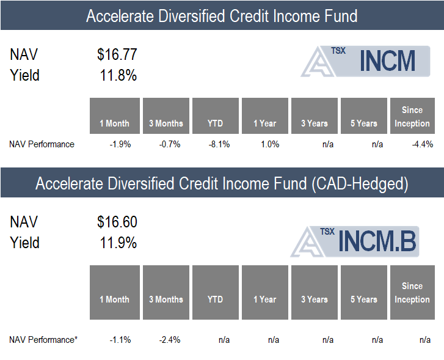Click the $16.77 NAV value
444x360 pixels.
click(x=117, y=54)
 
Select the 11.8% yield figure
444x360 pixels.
click(x=118, y=75)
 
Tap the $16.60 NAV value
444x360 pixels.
click(x=117, y=222)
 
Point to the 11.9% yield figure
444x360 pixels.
click(x=118, y=243)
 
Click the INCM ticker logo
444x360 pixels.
click(x=365, y=61)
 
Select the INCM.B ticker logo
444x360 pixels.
click(x=354, y=241)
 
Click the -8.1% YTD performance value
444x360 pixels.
click(x=219, y=144)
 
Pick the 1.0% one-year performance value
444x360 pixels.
click(x=270, y=144)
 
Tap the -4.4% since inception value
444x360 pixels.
click(x=423, y=144)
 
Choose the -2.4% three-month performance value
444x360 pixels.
click(x=170, y=340)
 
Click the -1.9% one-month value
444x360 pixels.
click(x=120, y=144)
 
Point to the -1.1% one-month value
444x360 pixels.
click(x=120, y=340)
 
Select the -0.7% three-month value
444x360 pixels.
click(x=170, y=144)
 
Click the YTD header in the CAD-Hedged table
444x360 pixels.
click(x=215, y=299)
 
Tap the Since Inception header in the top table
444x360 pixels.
click(x=412, y=117)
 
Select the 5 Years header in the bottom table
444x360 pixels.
click(x=364, y=299)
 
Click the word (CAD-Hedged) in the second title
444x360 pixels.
click(x=360, y=184)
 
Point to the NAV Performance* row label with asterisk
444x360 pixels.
click(x=43, y=340)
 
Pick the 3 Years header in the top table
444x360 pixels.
click(x=315, y=123)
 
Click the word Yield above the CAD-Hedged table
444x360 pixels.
click(x=24, y=243)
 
